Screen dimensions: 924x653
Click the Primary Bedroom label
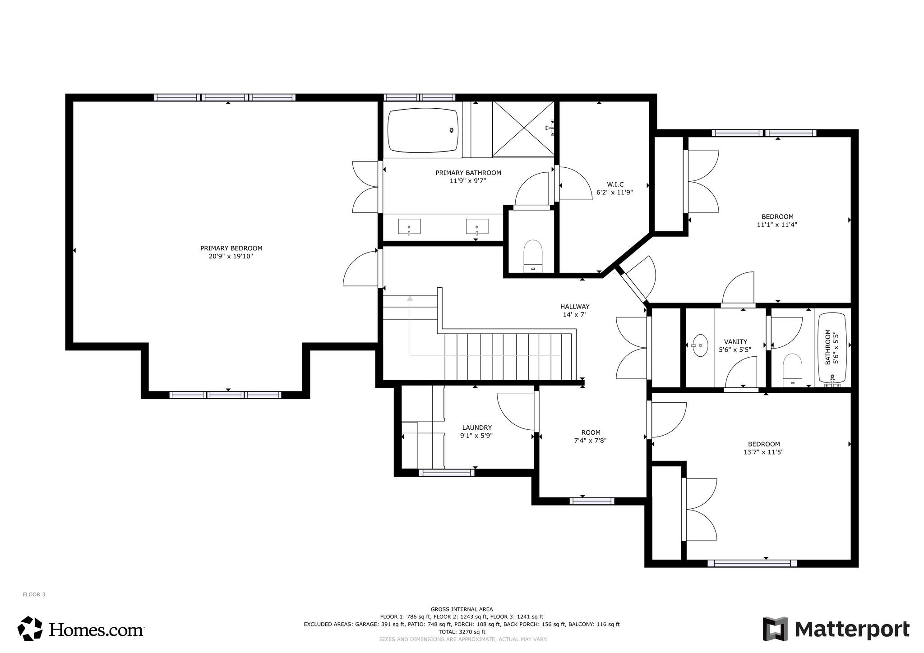pos(231,252)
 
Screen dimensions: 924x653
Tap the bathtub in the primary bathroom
pos(423,130)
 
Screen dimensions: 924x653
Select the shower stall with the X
pos(523,129)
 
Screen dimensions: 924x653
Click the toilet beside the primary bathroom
pos(533,256)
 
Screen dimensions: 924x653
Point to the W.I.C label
pos(615,184)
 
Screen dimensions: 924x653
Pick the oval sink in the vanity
pos(700,345)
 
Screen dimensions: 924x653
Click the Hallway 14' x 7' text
pos(574,311)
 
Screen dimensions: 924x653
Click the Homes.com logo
pos(81,629)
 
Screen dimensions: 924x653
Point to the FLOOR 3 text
pos(34,594)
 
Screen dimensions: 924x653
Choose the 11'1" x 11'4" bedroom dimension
pos(777,225)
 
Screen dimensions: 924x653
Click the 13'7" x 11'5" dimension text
pos(763,452)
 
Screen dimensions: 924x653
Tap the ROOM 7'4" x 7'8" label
pos(590,437)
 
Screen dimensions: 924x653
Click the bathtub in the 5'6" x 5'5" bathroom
pos(832,348)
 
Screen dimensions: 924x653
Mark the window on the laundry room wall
pos(447,473)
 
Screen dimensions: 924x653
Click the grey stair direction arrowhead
pos(410,298)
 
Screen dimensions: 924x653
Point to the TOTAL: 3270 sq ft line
pos(462,632)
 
